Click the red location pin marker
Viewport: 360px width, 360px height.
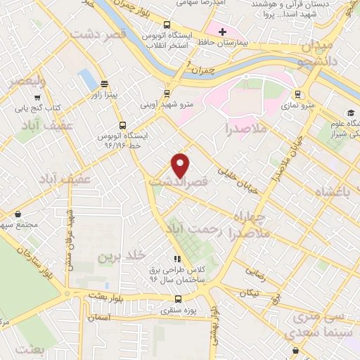[181, 165]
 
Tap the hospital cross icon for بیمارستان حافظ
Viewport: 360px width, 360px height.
[222, 32]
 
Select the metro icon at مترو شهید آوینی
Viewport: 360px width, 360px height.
[167, 94]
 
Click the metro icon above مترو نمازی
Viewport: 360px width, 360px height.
[298, 94]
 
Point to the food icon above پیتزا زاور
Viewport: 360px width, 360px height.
[105, 84]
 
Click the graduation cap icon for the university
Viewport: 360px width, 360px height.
[349, 113]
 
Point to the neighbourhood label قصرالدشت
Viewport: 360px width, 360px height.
[178, 181]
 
